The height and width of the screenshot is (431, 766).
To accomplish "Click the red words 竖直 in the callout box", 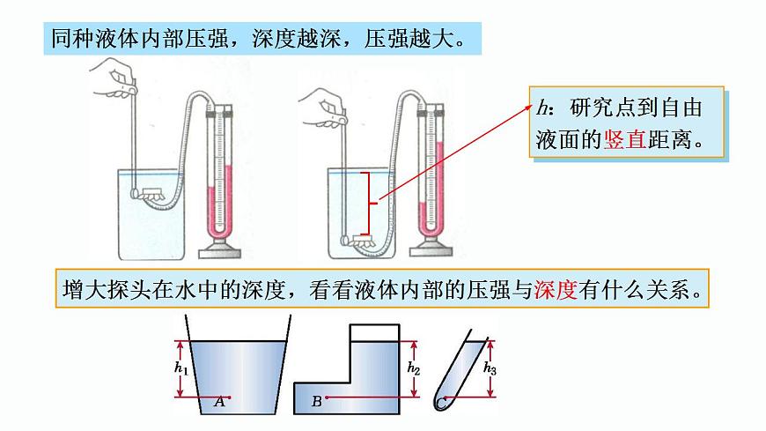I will click(x=625, y=139).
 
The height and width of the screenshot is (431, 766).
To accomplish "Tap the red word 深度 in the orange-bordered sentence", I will click(x=555, y=290).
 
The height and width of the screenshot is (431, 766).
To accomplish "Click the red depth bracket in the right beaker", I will click(x=372, y=204).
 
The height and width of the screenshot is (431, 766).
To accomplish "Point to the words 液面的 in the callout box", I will click(x=568, y=139).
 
